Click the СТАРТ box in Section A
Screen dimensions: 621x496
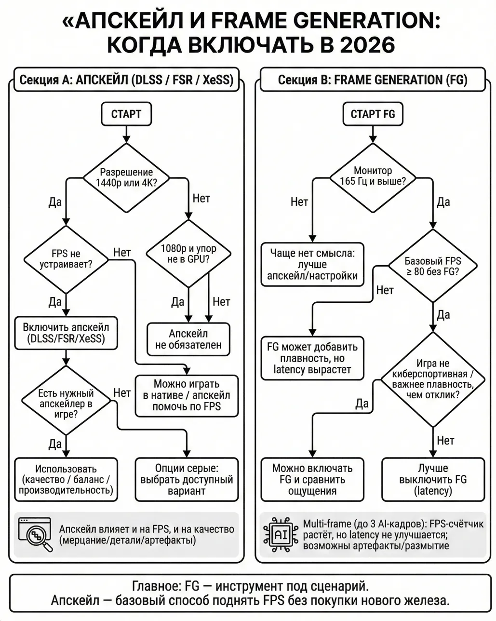tap(126, 114)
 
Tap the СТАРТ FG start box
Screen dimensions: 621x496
tap(372, 114)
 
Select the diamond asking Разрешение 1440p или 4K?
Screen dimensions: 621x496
tap(126, 178)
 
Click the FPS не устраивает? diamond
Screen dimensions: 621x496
tap(66, 259)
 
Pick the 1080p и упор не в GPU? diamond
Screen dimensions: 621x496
tap(188, 254)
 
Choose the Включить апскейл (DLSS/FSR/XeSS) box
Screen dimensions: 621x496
tap(66, 333)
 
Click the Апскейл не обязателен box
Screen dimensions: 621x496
tap(188, 339)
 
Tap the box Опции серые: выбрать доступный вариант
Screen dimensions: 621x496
tap(187, 479)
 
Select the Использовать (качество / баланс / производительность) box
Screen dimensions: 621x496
tap(66, 479)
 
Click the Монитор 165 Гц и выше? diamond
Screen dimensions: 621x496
tap(373, 176)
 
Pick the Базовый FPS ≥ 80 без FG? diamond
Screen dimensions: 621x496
tap(432, 266)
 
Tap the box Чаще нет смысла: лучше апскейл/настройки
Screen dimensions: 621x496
tap(312, 264)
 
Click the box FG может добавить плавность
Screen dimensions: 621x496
tap(312, 358)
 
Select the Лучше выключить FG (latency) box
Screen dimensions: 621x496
tap(433, 479)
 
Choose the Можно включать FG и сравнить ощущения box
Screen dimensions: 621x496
tap(312, 479)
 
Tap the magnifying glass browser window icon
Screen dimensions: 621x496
tap(35, 534)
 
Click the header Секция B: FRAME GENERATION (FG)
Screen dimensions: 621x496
tap(373, 80)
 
